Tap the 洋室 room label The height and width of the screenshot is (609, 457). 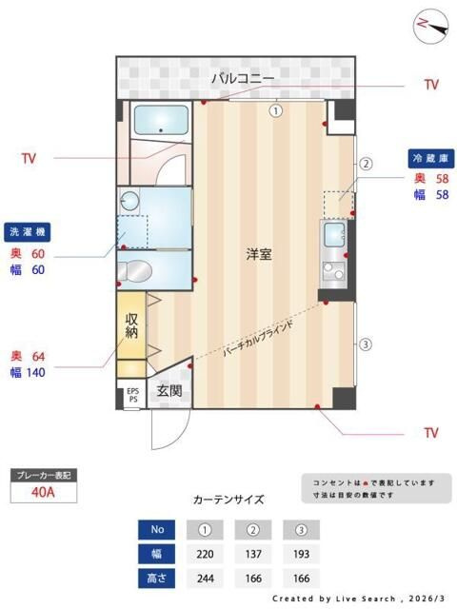point(260,254)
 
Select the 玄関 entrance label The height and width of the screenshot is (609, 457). point(169,390)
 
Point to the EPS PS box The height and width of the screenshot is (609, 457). point(132,395)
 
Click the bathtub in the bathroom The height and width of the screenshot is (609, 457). point(160,121)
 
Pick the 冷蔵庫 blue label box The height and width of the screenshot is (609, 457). point(428,158)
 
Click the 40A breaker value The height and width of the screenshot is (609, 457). point(43,492)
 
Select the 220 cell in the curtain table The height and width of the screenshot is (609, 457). point(204,553)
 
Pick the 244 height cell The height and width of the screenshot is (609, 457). point(204,578)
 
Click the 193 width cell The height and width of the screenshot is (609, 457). point(300,553)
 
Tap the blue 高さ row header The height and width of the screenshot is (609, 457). point(157,578)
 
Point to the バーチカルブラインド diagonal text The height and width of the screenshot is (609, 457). point(258,339)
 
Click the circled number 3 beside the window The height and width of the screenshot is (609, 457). point(365,344)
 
